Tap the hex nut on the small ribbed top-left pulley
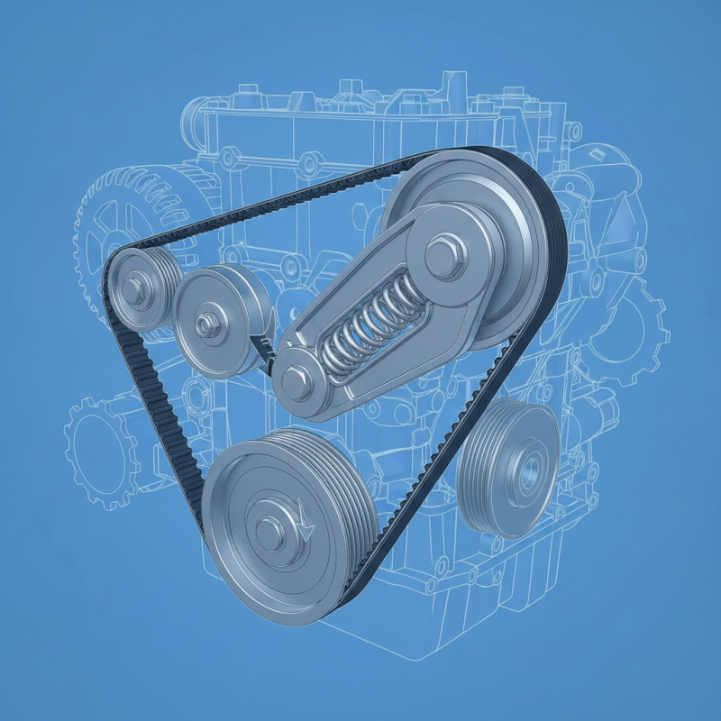pos(134,288)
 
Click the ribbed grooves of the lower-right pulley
pos(478,469)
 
